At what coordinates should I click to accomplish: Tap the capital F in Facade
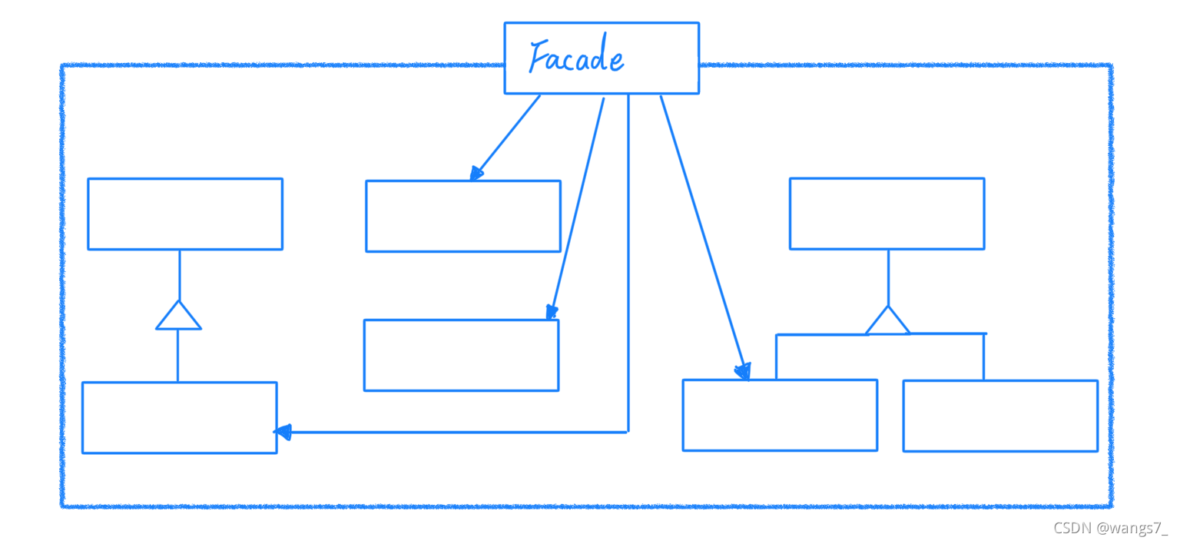539,56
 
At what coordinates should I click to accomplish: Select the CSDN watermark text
1072,528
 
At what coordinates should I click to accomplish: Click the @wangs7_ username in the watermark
1132,528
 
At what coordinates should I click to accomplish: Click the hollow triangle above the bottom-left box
178,315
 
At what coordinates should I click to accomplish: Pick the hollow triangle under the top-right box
888,320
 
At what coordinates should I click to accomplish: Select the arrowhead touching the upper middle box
476,174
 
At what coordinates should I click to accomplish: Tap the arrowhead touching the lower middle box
552,312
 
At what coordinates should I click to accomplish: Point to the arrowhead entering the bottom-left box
283,433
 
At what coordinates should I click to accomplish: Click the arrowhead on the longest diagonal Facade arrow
744,371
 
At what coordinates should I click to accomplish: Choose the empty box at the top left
185,214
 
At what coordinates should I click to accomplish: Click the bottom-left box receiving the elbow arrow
180,417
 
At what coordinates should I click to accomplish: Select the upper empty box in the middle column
463,216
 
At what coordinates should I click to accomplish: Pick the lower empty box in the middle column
462,355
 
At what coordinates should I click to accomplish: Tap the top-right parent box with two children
887,214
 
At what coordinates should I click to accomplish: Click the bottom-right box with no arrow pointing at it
1001,416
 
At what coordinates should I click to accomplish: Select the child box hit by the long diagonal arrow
781,416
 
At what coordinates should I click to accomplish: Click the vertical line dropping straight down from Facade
628,263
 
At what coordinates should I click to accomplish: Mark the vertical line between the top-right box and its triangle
889,278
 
